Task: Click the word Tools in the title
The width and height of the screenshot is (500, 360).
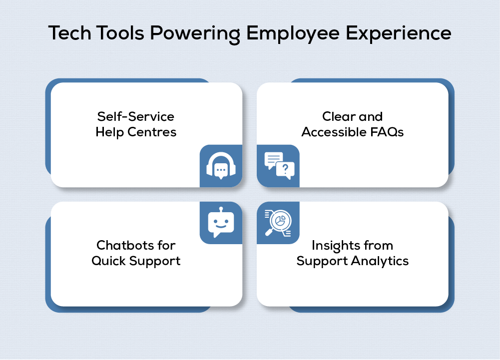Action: pyautogui.click(x=119, y=33)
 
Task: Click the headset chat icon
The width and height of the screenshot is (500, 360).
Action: pyautogui.click(x=221, y=166)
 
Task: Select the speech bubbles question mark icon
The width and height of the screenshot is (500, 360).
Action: pyautogui.click(x=279, y=166)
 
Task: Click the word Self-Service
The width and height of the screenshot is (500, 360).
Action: pyautogui.click(x=135, y=117)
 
